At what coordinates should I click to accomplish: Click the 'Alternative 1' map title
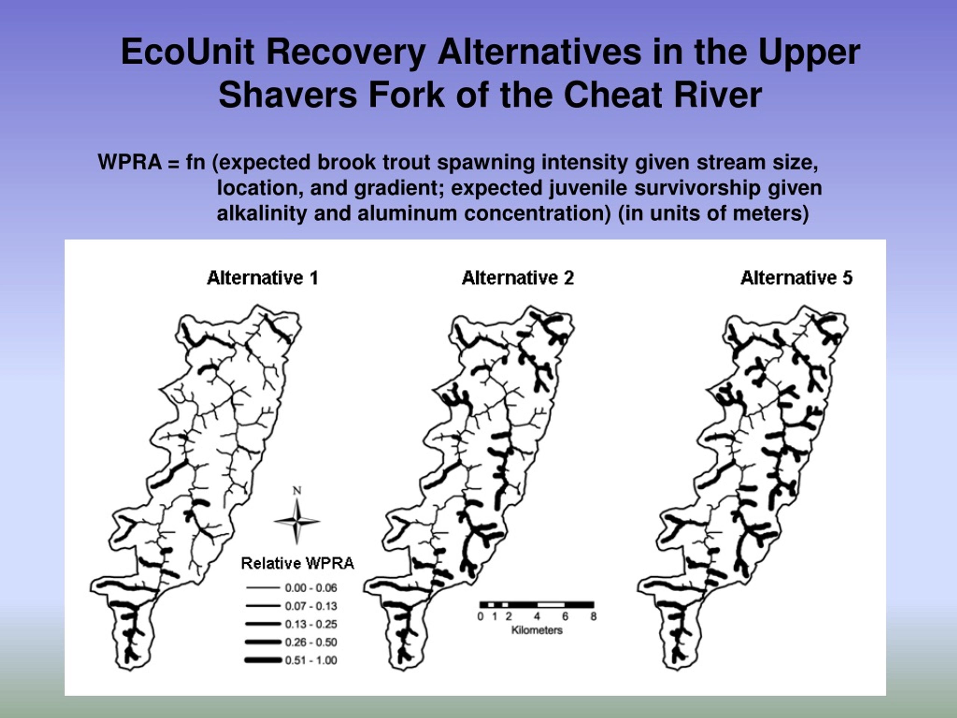point(262,278)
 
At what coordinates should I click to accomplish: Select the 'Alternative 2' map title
point(518,278)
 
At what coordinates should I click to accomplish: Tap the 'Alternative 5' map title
point(797,278)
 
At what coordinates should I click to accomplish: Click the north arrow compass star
point(297,521)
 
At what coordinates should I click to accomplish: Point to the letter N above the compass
point(297,490)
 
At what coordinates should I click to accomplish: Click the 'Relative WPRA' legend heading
point(298,564)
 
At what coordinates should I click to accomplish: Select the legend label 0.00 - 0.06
point(311,588)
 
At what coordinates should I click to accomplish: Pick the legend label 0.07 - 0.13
point(311,606)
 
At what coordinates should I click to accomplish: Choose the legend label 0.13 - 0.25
point(311,624)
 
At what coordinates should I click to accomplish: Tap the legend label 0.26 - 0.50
point(311,642)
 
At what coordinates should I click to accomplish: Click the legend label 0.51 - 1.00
point(311,660)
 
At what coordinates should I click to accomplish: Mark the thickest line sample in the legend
point(263,660)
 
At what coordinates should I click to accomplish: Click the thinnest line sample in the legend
point(263,588)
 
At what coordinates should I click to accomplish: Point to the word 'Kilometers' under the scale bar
point(537,630)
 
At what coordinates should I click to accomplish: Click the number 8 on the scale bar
point(594,616)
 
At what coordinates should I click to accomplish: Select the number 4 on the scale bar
point(537,616)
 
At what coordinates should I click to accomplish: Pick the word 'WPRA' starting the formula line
point(130,162)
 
